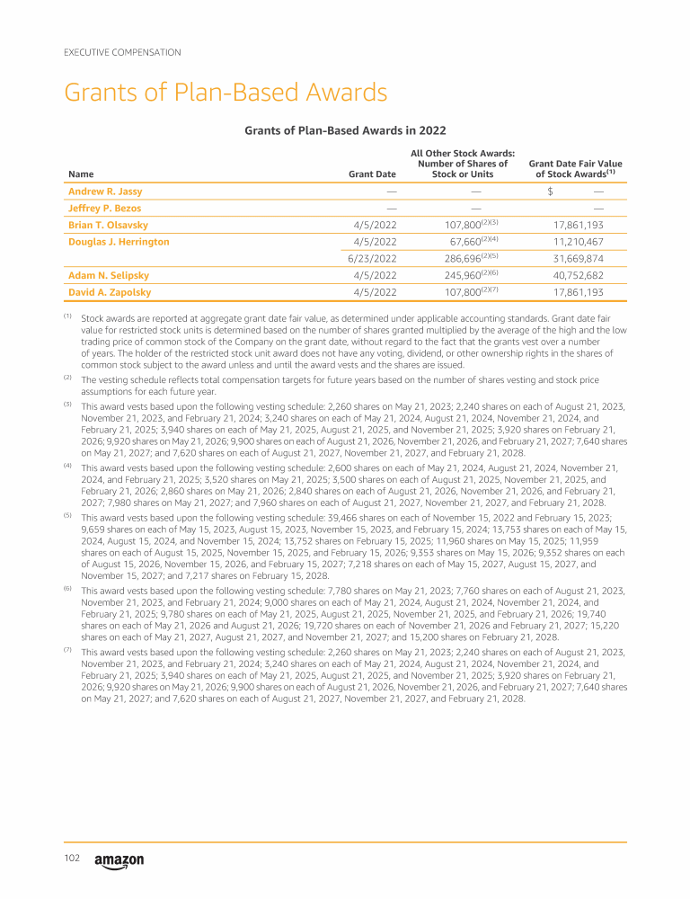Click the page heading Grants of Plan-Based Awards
[226, 93]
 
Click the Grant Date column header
[373, 174]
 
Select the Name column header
[81, 174]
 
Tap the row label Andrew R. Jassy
[105, 191]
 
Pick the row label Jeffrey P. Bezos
[104, 209]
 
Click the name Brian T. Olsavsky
[110, 225]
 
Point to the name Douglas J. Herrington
[119, 242]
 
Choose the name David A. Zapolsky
[110, 292]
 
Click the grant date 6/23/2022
[372, 259]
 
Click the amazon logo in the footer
[119, 861]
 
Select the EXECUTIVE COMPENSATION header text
[122, 52]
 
